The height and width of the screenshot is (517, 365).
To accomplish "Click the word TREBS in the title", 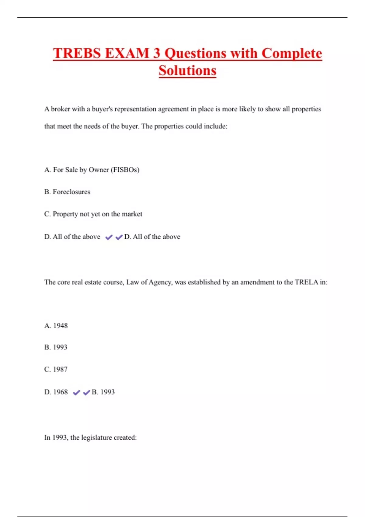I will [77, 54].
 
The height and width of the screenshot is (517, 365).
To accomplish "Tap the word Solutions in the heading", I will [187, 71].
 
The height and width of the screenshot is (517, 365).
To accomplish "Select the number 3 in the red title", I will [157, 54].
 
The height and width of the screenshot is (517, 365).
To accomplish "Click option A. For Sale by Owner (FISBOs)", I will [92, 170].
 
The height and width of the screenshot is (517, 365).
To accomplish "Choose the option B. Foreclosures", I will [67, 192].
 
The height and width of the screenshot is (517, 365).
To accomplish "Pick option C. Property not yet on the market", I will [93, 214].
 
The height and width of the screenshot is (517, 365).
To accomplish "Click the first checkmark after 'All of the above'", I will [109, 237].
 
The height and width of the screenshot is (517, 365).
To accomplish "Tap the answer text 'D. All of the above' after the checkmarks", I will [152, 237].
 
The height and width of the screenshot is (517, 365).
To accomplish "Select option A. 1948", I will [56, 326].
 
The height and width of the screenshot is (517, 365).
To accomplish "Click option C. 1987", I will [56, 369].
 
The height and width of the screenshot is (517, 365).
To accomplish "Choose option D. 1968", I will [56, 392].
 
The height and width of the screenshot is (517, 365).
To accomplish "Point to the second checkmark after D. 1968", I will [86, 393].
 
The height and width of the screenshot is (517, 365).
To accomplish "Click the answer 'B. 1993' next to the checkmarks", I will [103, 392].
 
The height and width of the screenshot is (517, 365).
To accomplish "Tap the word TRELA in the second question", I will [306, 282].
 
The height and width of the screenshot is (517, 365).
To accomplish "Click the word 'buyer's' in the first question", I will [102, 109].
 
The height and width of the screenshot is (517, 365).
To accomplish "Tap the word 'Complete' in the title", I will [292, 54].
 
